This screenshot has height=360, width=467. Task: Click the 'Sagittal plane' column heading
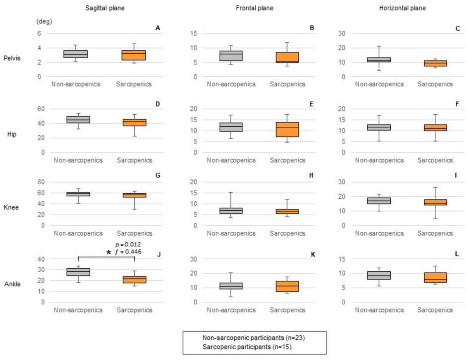pyautogui.click(x=103, y=8)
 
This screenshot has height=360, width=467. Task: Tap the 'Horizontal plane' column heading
pyautogui.click(x=408, y=8)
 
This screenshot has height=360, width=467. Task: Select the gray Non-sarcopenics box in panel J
pyautogui.click(x=78, y=272)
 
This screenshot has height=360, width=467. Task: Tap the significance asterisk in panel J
pyautogui.click(x=109, y=252)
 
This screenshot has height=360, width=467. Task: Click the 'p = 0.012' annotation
pyautogui.click(x=128, y=244)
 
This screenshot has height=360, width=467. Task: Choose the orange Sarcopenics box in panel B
pyautogui.click(x=288, y=57)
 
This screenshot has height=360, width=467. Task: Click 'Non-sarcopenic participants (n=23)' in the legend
pyautogui.click(x=254, y=338)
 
